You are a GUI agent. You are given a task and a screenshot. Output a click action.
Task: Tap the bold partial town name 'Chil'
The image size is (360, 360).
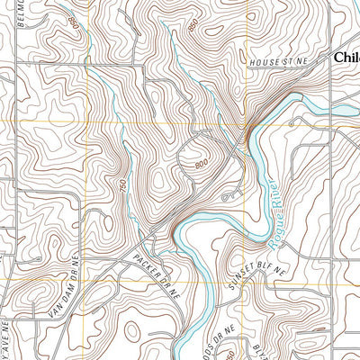pyautogui.click(x=346, y=56)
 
